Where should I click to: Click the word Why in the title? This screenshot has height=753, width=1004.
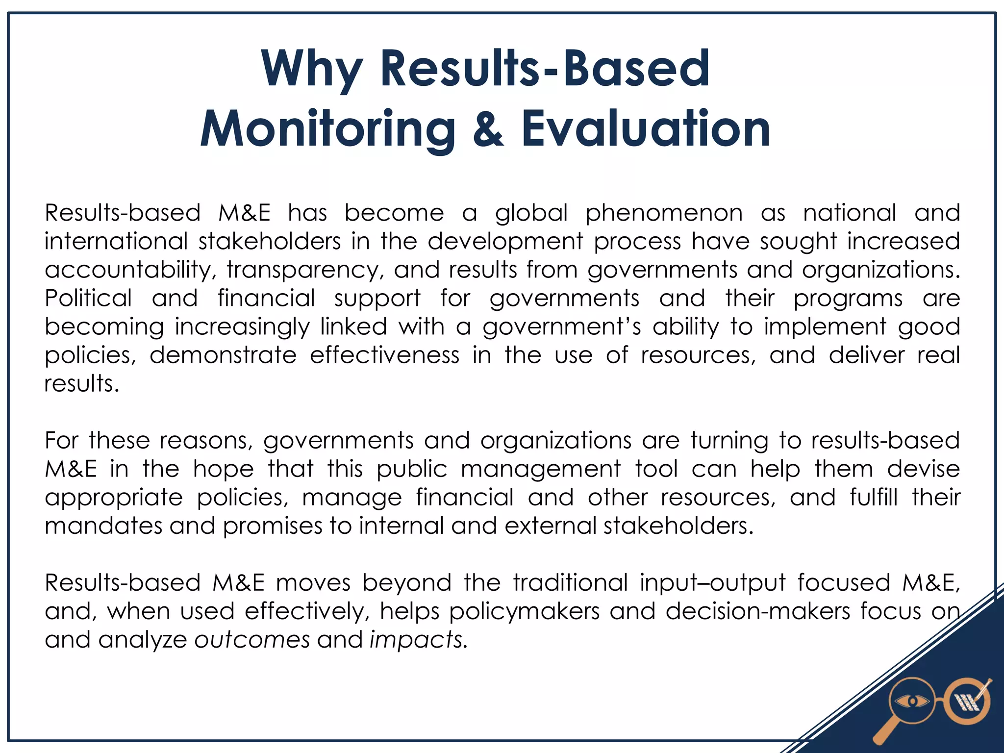click(x=312, y=70)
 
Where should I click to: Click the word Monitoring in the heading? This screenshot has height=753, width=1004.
click(x=327, y=129)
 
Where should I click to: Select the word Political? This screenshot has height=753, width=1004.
click(x=88, y=299)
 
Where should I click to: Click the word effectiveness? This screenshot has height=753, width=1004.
click(x=385, y=355)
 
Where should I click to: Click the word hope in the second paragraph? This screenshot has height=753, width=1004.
click(x=223, y=469)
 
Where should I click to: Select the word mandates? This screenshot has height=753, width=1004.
click(x=103, y=526)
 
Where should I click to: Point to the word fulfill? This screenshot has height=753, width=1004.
click(x=874, y=498)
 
